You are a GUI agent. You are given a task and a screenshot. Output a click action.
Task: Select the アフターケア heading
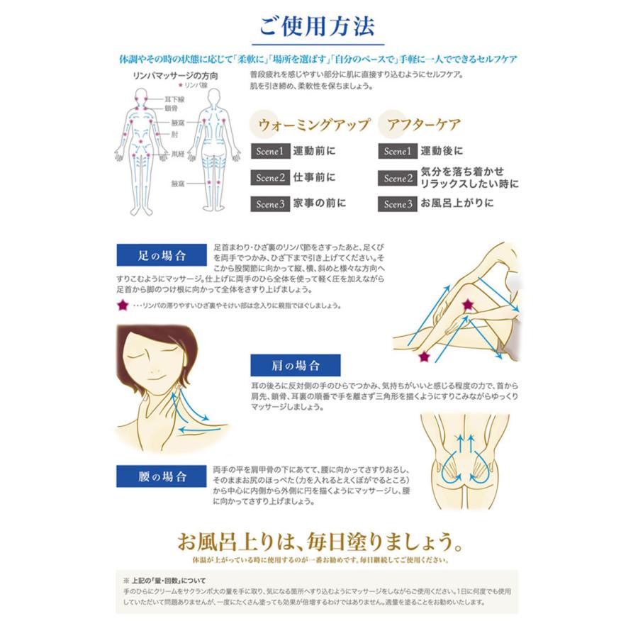(423, 125)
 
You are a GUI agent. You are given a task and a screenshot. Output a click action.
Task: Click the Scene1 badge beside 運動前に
(270, 151)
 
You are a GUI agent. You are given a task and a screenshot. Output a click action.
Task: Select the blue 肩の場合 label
(296, 365)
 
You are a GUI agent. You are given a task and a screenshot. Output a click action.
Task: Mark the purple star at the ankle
(425, 355)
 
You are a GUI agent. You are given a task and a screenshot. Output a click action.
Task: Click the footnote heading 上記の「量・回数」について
(166, 581)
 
